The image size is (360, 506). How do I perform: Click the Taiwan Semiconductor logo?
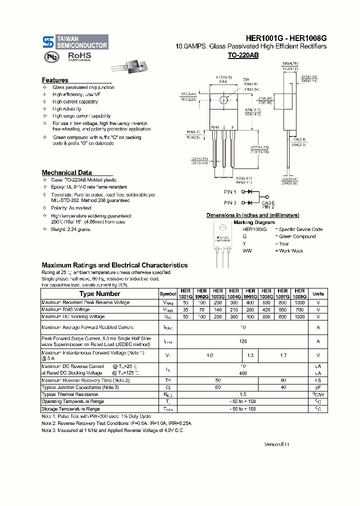[75, 41]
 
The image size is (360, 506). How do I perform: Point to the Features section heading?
[55, 80]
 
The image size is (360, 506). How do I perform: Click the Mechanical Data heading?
[66, 172]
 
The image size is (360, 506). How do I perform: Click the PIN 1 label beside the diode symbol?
[230, 191]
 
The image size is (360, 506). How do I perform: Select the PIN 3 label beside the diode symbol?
[230, 202]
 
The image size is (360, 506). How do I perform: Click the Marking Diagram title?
[254, 222]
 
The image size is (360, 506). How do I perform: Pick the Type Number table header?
[100, 294]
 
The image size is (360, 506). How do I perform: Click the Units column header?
[318, 294]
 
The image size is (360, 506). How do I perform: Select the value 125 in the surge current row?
[242, 341]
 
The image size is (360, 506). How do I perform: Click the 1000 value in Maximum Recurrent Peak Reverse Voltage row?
[299, 302]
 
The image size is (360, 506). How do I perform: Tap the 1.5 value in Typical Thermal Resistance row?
[242, 394]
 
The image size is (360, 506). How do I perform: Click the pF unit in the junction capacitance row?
[318, 387]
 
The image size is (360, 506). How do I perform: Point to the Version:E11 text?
[276, 444]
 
